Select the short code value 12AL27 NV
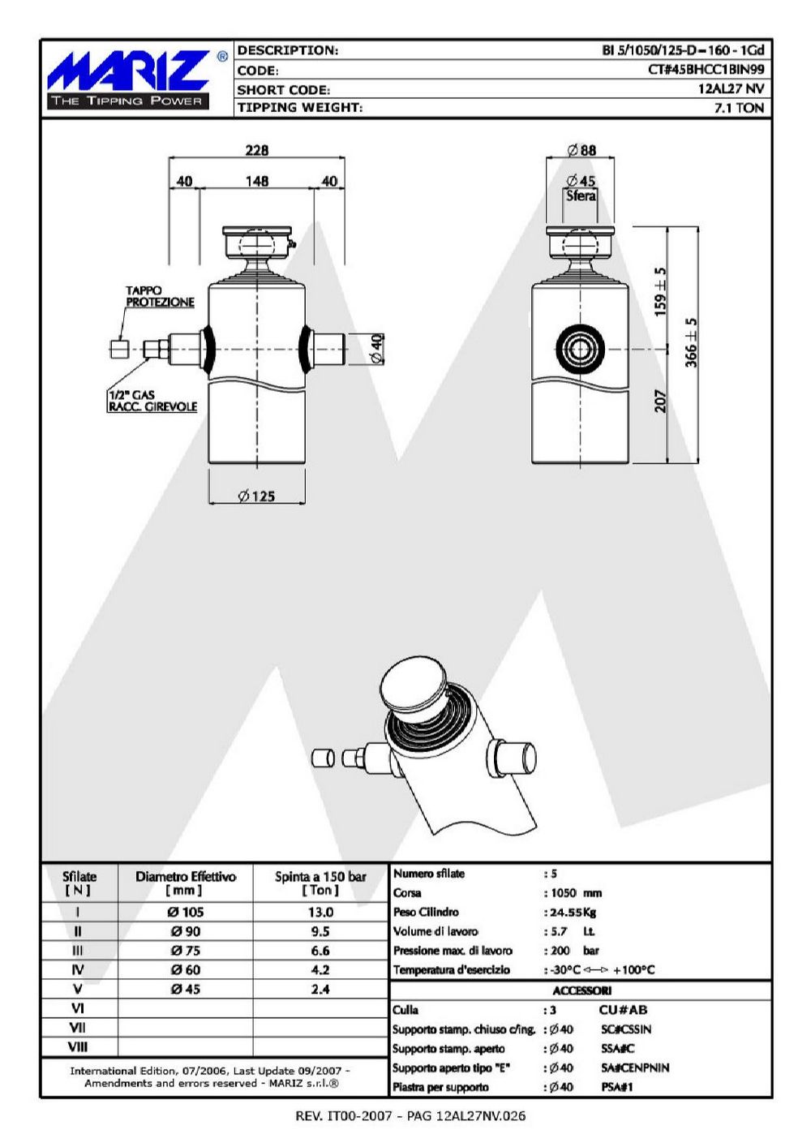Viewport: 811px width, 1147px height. (x=731, y=88)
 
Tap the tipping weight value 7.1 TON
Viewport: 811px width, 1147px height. (x=739, y=108)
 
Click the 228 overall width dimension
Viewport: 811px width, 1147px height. (x=256, y=150)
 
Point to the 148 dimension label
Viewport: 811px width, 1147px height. (x=256, y=181)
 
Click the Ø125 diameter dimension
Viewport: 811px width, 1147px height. (x=256, y=496)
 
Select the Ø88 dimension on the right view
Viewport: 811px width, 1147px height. (x=581, y=150)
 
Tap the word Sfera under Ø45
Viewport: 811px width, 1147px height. (x=581, y=195)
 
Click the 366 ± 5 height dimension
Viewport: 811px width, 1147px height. (x=691, y=342)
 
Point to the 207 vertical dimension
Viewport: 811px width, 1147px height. (x=660, y=401)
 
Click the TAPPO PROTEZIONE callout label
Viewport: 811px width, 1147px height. (x=160, y=297)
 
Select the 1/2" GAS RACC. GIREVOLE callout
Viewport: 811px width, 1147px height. (x=152, y=401)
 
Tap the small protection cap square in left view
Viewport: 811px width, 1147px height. (x=118, y=350)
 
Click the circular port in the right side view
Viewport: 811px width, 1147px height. (x=580, y=350)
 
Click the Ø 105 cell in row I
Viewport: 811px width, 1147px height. (x=186, y=912)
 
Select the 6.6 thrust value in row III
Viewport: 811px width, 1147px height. (x=320, y=951)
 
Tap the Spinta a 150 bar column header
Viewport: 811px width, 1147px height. (x=320, y=883)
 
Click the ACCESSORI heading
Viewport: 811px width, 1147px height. (x=582, y=990)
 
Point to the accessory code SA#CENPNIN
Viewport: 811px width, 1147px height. (x=635, y=1068)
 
